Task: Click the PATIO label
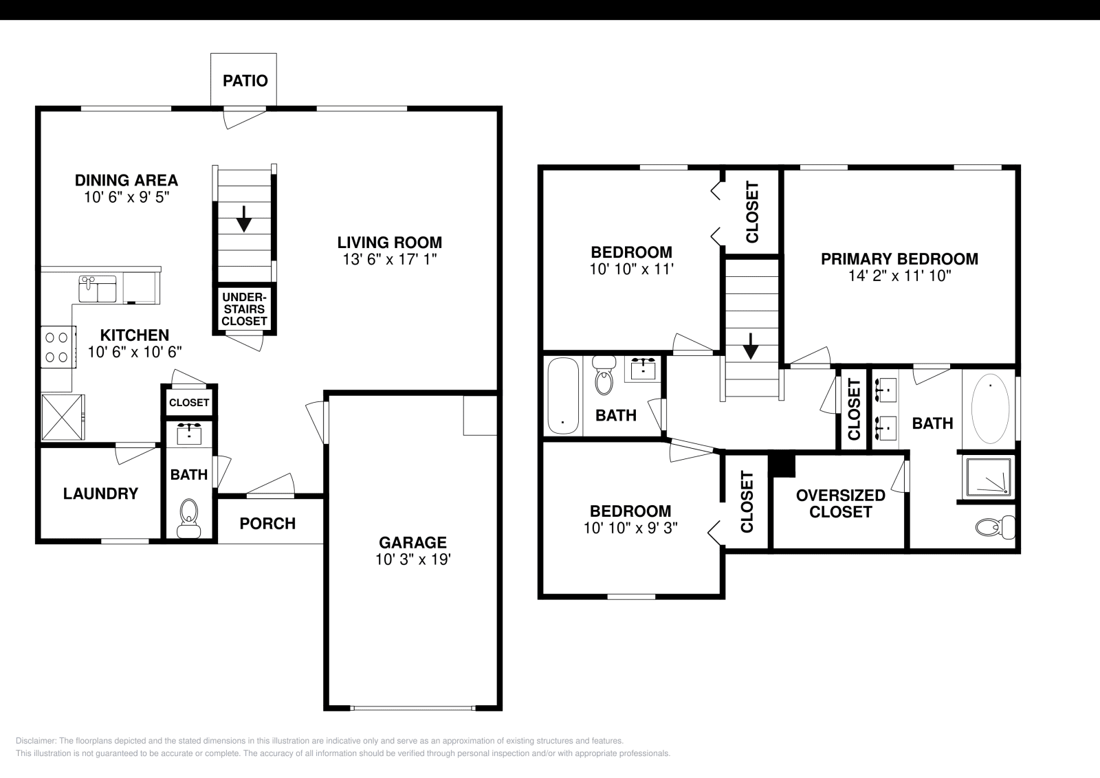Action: pos(245,81)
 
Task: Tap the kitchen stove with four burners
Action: pos(56,347)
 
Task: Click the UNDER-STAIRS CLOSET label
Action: pos(244,309)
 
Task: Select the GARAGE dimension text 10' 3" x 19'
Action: pos(412,559)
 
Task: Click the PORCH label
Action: pos(267,524)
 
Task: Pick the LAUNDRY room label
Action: pos(100,493)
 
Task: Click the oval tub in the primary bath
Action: pos(990,409)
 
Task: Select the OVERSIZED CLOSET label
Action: pos(840,504)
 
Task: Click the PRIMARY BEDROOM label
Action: pos(899,259)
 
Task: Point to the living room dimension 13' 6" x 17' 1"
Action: pos(389,260)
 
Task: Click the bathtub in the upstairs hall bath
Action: pos(563,395)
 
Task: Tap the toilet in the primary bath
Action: pos(995,527)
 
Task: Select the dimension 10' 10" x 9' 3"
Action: pos(630,528)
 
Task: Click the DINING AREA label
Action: pos(126,180)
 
